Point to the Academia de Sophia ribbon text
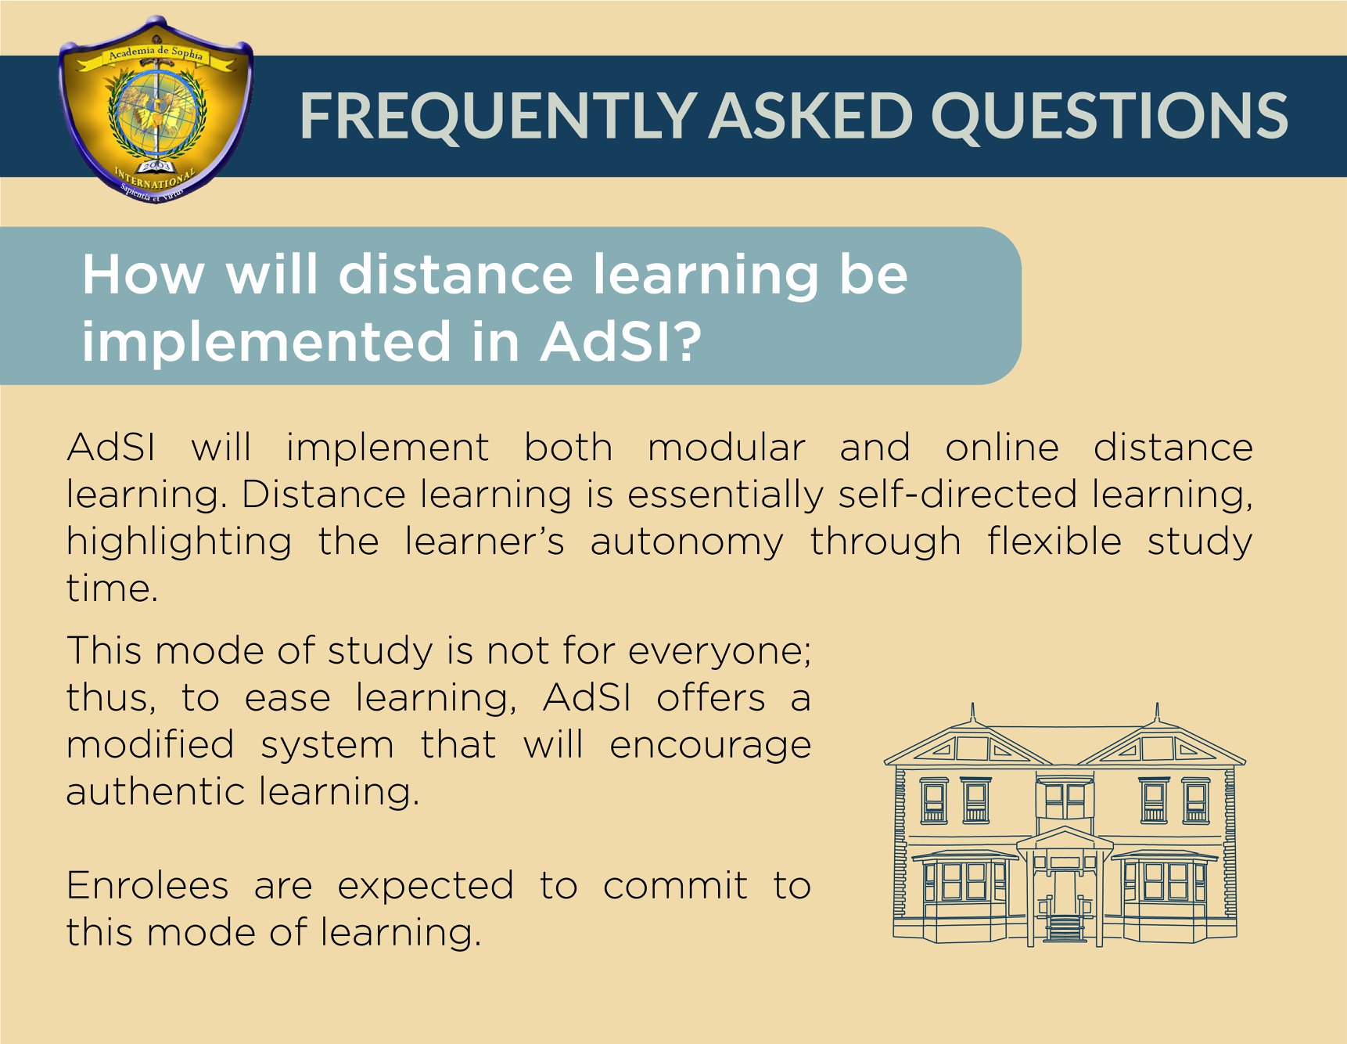(155, 52)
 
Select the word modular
(726, 448)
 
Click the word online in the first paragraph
(1002, 448)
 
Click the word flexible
(1054, 542)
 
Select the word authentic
(156, 792)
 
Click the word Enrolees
(148, 886)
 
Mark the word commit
(675, 886)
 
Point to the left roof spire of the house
(972, 713)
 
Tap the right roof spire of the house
(1157, 713)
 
